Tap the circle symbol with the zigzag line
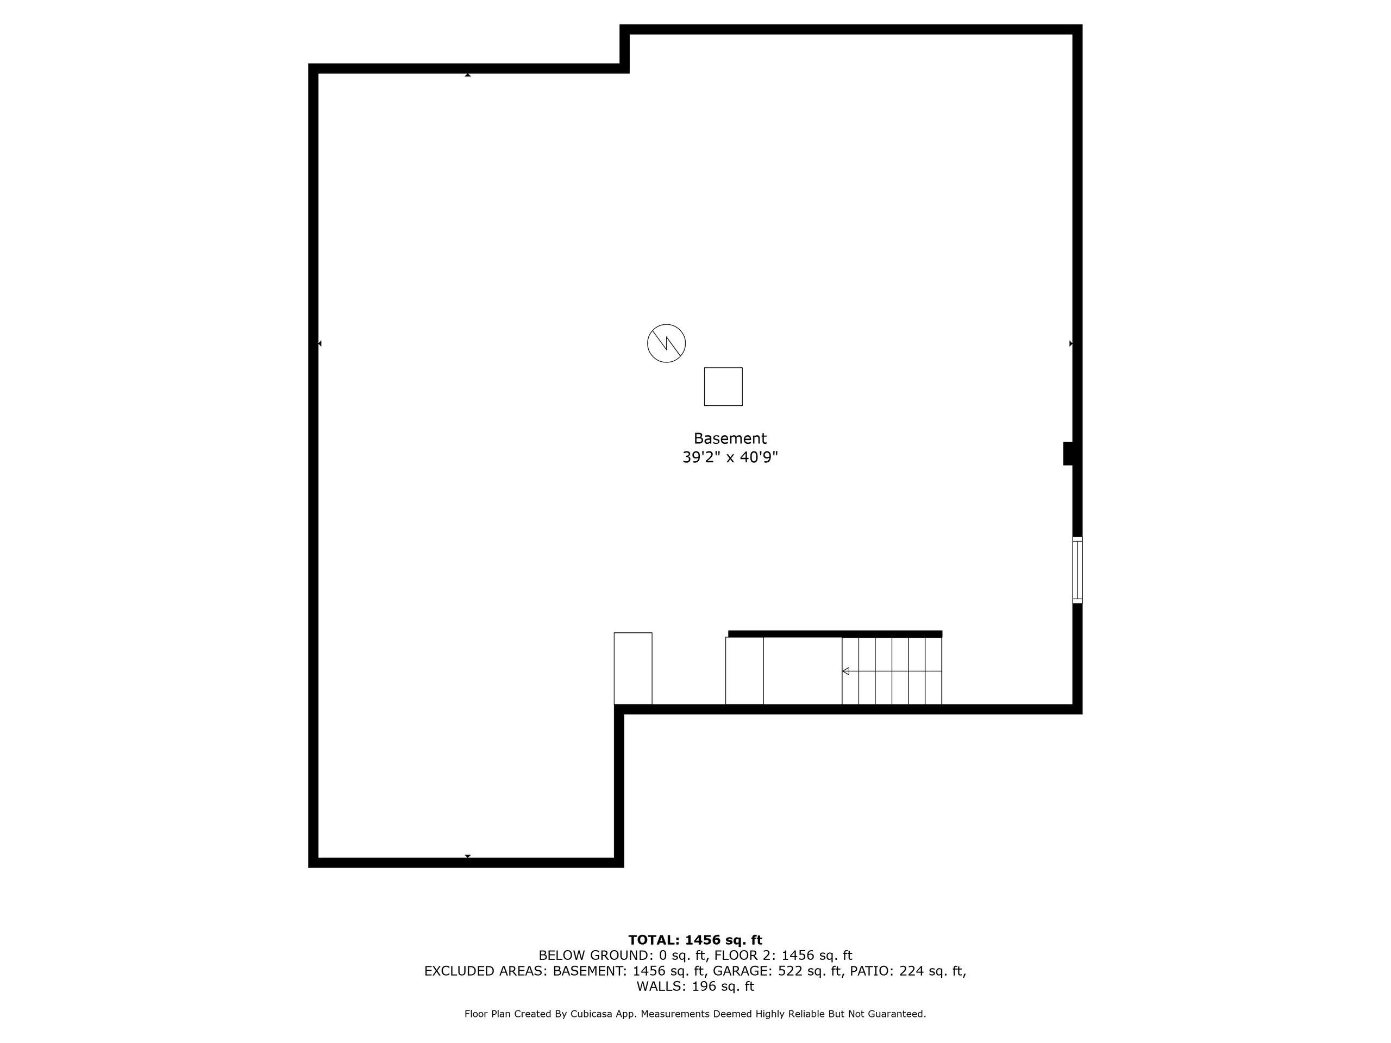pos(666,343)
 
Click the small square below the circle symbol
pos(723,387)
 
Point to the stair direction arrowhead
pos(846,671)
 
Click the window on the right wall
pos(1077,570)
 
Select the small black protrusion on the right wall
pos(1068,454)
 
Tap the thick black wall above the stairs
pos(835,634)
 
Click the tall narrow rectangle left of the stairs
pos(632,668)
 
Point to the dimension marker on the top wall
pos(468,75)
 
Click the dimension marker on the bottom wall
pos(468,856)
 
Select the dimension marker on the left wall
pos(320,343)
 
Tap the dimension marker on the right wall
pos(1071,343)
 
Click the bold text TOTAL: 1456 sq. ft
pos(695,940)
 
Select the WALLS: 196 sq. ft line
pos(695,987)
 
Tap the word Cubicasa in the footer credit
pos(592,1014)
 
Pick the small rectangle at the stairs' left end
pos(744,671)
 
